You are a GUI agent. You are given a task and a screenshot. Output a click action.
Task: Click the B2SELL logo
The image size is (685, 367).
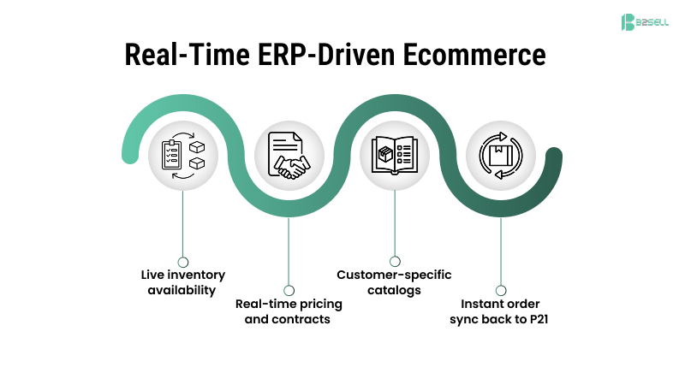pos(643,23)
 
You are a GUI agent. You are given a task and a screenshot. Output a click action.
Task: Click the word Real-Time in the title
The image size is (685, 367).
pos(191,55)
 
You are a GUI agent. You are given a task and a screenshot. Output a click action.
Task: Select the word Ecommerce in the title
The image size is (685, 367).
pos(471,55)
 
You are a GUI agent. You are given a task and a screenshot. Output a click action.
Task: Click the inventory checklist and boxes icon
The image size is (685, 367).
pos(183,155)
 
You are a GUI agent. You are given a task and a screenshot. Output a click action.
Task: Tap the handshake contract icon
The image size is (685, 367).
pos(289,155)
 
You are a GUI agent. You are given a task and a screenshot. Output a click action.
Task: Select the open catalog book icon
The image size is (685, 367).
pos(394,155)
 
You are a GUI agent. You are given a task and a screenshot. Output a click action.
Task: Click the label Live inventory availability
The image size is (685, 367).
pos(183,281)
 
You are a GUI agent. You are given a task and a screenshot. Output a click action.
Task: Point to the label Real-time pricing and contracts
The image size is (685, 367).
pos(289,311)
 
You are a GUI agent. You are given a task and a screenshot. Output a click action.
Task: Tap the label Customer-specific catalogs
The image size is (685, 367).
pos(394,281)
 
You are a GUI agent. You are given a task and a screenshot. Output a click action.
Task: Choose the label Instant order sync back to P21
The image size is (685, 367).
pos(501,311)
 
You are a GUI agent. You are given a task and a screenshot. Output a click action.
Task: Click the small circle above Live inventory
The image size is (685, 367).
pos(183,261)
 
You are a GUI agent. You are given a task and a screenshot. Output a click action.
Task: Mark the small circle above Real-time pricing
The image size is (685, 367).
pos(289,291)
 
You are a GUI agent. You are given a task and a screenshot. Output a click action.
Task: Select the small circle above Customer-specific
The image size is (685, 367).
pos(394,261)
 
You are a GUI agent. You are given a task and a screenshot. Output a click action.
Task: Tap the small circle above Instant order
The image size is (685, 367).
pos(501,291)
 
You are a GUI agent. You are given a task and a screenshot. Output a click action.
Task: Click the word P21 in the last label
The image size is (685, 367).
pos(538,319)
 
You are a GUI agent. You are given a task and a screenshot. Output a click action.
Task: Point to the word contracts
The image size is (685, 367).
pos(301,319)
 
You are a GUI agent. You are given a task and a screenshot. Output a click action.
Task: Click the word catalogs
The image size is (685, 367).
pos(394,289)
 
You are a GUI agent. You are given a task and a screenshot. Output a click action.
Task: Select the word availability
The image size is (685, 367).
pos(183,289)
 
